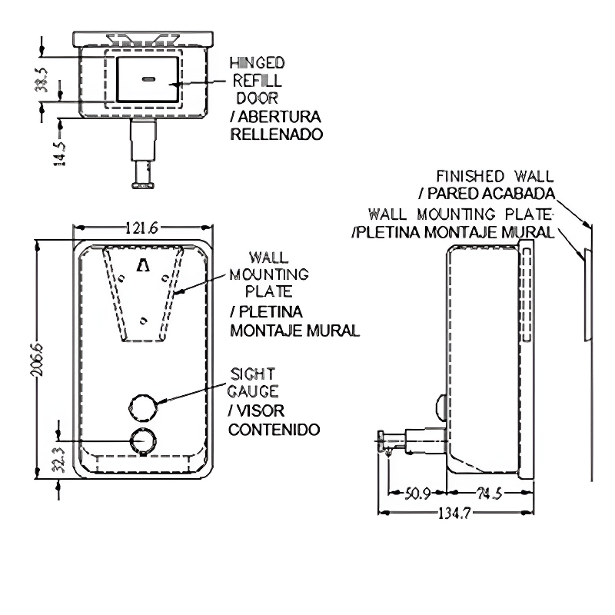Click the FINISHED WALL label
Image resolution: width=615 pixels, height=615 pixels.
(x=494, y=177)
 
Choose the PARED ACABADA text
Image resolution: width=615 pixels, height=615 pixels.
(x=486, y=193)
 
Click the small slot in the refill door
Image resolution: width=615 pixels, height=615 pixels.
(x=148, y=78)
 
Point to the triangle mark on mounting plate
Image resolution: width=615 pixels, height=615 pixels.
(x=143, y=265)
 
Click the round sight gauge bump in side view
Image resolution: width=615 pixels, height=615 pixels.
(x=439, y=407)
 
